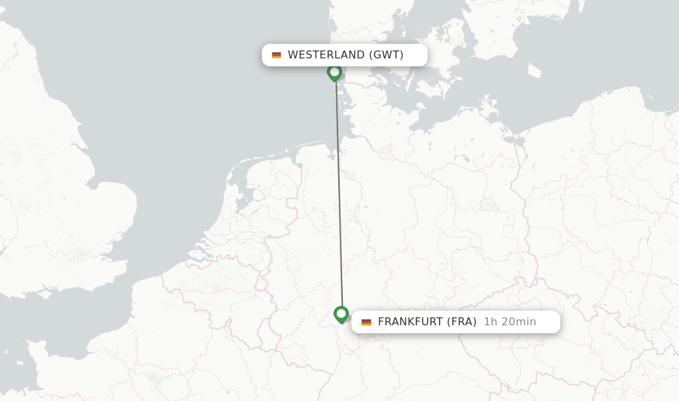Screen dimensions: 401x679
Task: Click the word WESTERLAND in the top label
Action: [x=326, y=55]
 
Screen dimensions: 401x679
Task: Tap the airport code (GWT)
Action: [x=386, y=55]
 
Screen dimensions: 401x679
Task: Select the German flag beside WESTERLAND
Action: [x=277, y=55]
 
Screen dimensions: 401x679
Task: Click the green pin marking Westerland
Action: [x=335, y=72]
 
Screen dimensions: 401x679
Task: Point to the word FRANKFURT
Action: [x=410, y=322]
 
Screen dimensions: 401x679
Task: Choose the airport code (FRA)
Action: [x=462, y=322]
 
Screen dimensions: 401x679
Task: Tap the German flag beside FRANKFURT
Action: [x=366, y=322]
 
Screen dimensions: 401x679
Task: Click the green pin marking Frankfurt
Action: [x=341, y=313]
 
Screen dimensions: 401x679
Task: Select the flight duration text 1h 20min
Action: [x=510, y=322]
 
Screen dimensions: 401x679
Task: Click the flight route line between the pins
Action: [x=339, y=193]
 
